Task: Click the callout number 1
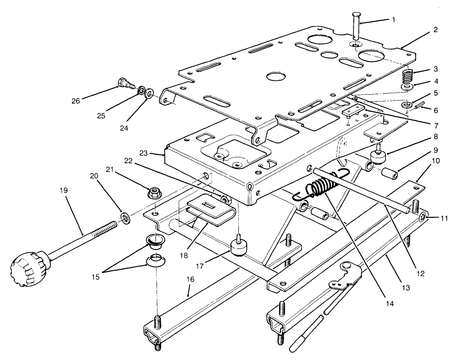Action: tap(393, 20)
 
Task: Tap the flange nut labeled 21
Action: tap(152, 194)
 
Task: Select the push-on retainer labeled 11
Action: tap(424, 217)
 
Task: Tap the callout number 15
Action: tap(96, 277)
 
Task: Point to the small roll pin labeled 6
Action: tap(420, 106)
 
